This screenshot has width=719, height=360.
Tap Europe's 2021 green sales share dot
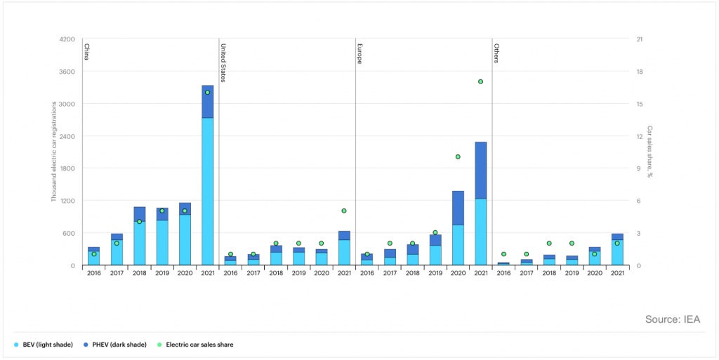[x=480, y=81]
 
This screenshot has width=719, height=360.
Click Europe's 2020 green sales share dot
[x=458, y=156]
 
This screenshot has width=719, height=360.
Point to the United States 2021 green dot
[x=344, y=211]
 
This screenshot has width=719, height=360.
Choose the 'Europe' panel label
[x=359, y=54]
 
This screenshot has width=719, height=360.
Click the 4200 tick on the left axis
[x=67, y=39]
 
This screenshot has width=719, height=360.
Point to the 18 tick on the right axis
[x=638, y=72]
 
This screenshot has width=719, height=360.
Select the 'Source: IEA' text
[x=672, y=319]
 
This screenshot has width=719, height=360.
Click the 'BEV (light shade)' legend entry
[x=47, y=345]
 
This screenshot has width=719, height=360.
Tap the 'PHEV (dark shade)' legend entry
[x=117, y=345]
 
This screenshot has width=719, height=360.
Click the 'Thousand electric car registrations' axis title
[x=53, y=152]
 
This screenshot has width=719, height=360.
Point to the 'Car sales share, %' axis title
[x=649, y=152]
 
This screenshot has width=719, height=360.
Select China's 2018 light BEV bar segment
[x=139, y=243]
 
